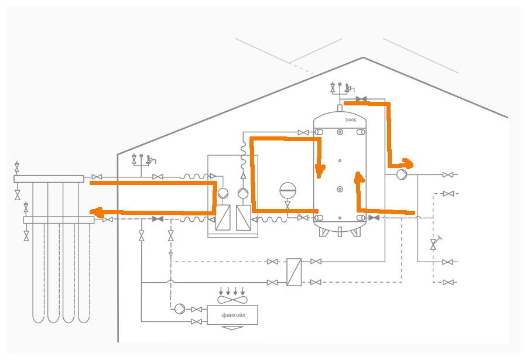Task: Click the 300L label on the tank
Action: click(x=351, y=120)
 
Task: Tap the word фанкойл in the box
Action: click(x=233, y=315)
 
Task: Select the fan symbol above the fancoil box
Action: click(x=232, y=300)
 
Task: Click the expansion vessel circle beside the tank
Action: click(x=288, y=190)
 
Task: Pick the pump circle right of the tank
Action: click(x=402, y=174)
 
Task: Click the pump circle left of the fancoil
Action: click(x=180, y=308)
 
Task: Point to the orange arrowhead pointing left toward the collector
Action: click(x=97, y=212)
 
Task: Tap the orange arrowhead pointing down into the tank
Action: click(x=320, y=171)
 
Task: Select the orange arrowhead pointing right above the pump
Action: click(x=408, y=164)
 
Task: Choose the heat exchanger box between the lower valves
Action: click(x=294, y=272)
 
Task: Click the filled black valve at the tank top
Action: click(x=361, y=99)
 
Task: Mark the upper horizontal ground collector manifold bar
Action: click(x=49, y=179)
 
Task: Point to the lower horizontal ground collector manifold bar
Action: click(x=59, y=220)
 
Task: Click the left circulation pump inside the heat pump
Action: click(x=223, y=194)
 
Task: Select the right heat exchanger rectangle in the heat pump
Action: click(x=244, y=218)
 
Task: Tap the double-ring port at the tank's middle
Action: click(x=340, y=189)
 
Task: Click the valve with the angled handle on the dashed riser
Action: click(x=434, y=244)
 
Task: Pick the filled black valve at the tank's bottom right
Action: click(x=374, y=218)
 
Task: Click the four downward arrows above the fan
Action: click(x=232, y=291)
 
